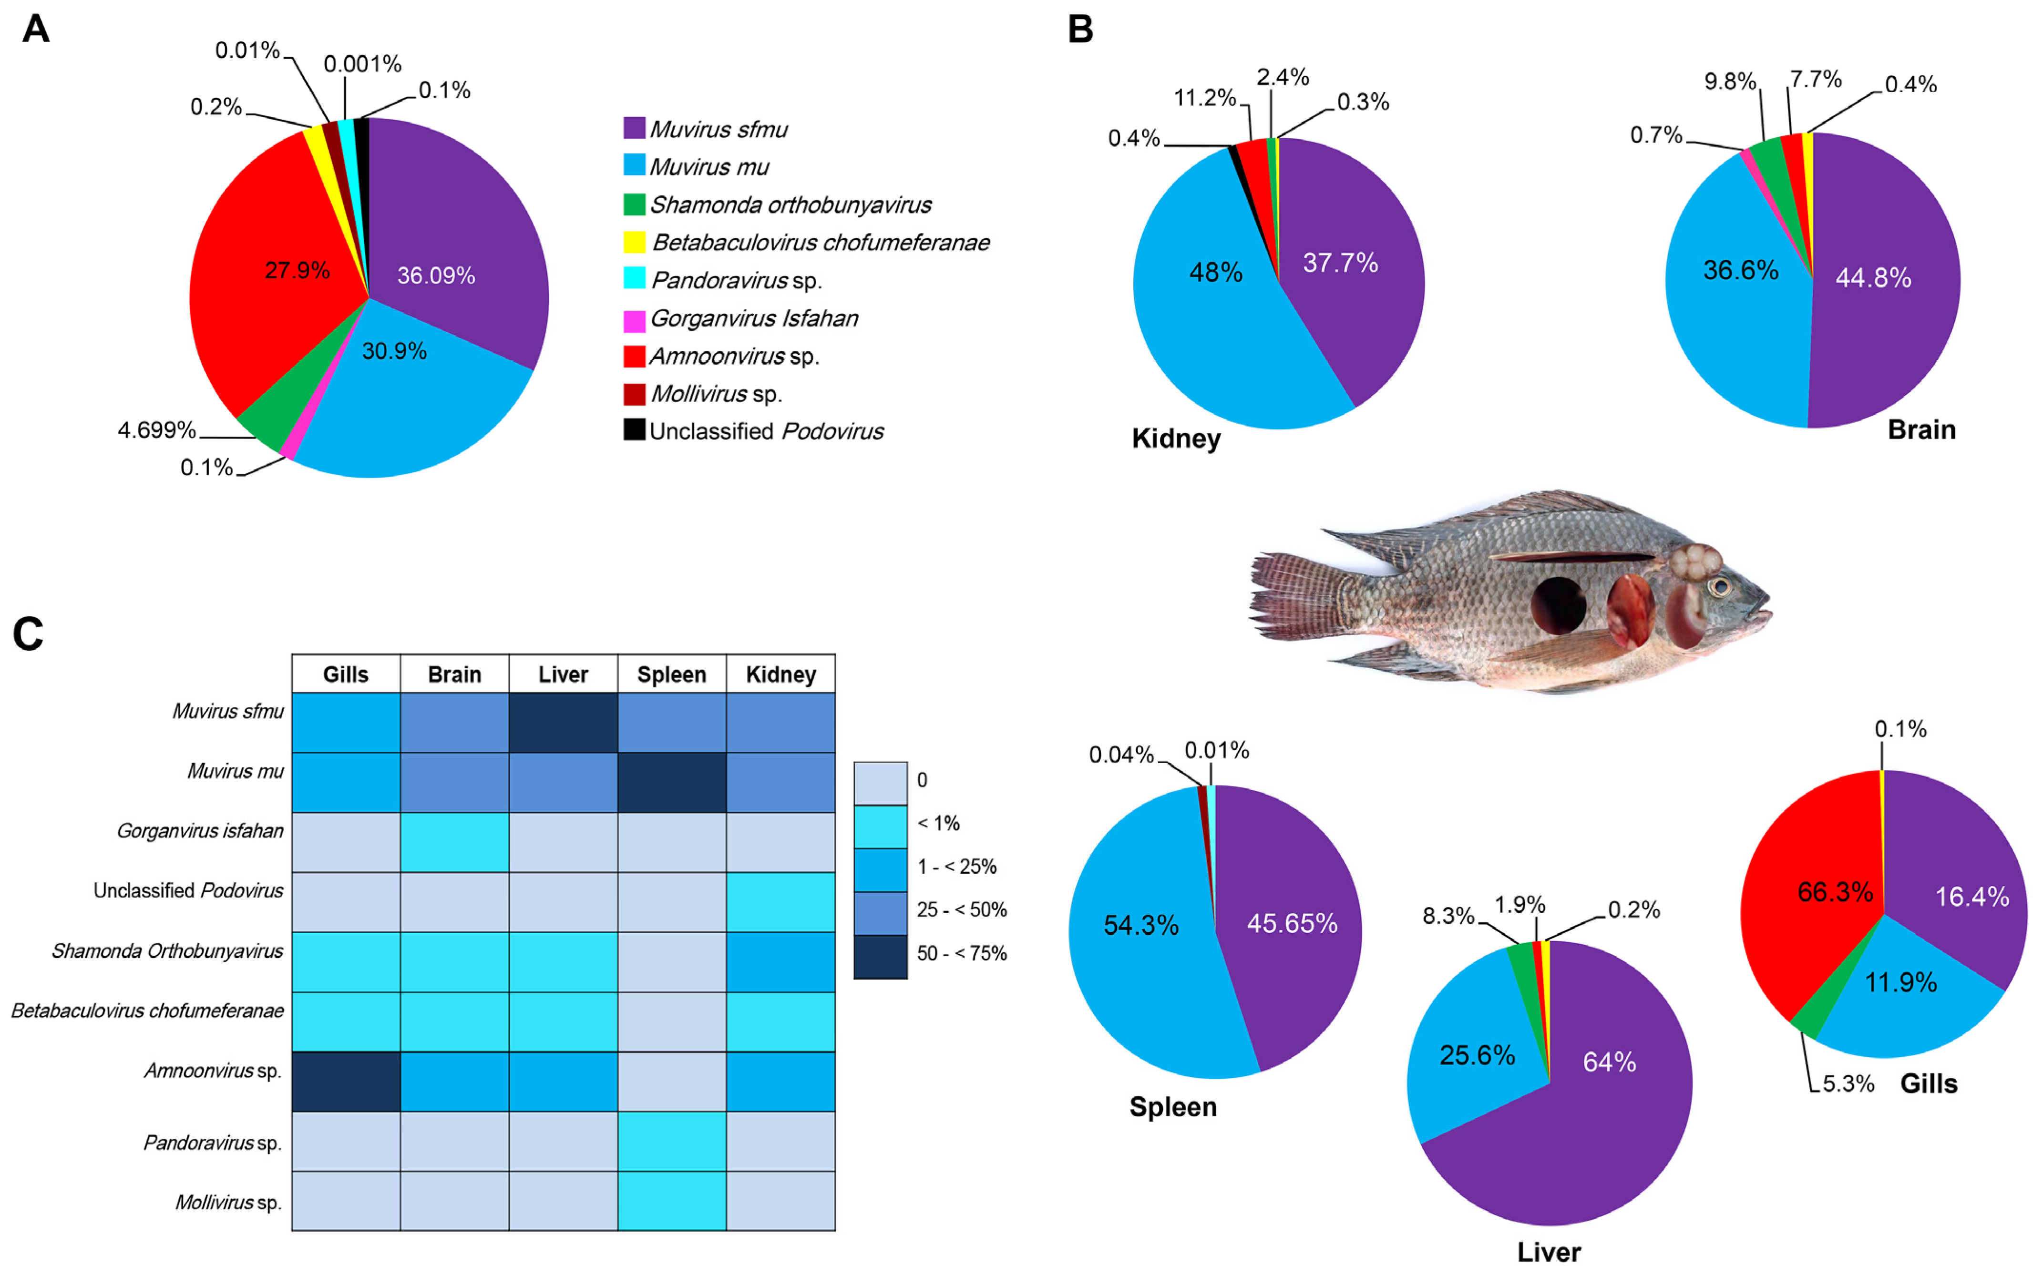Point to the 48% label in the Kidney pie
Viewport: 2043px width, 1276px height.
(x=1215, y=273)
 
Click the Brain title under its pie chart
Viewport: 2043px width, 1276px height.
(x=1921, y=429)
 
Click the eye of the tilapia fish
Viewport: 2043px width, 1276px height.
(x=1719, y=586)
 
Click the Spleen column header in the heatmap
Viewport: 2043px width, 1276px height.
(x=672, y=674)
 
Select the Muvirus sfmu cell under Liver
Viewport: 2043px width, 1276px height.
(x=563, y=723)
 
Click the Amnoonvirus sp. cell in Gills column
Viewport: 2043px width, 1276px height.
(x=346, y=1081)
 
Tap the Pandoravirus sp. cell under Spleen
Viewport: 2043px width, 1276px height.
(x=672, y=1141)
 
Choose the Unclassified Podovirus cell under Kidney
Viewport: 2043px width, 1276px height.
(x=780, y=901)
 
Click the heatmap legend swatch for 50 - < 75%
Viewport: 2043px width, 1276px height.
(x=880, y=957)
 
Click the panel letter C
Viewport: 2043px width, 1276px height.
(x=28, y=634)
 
